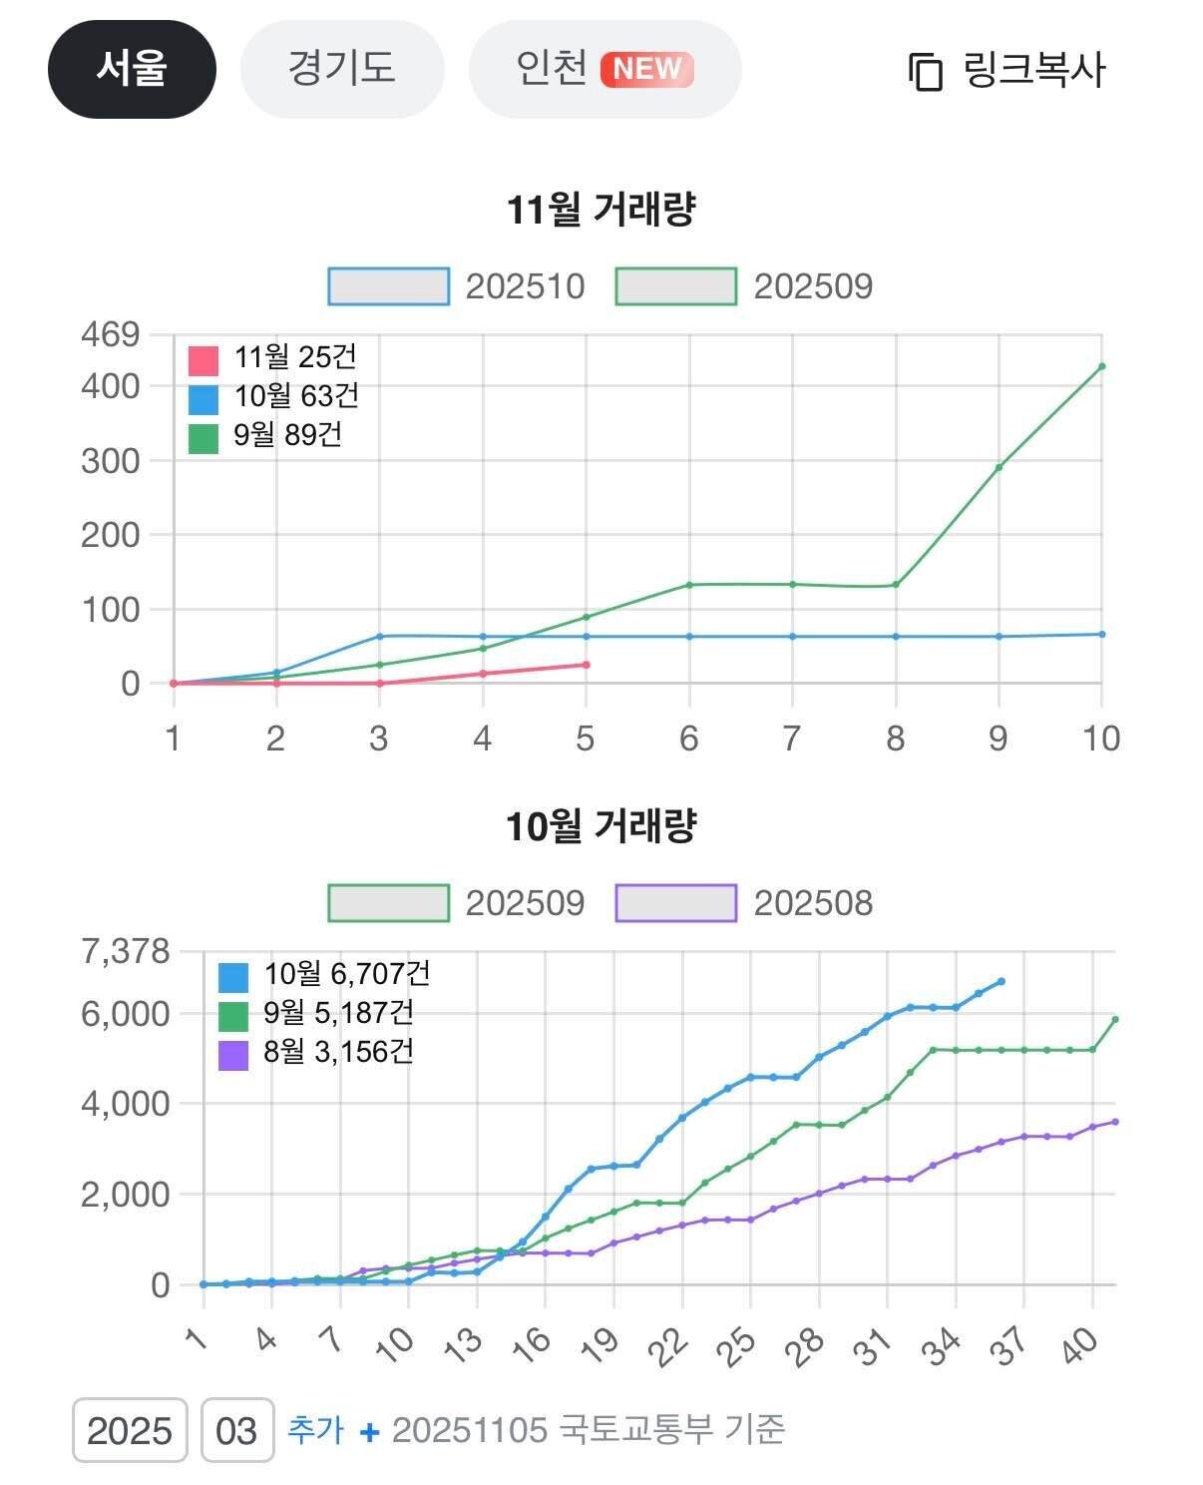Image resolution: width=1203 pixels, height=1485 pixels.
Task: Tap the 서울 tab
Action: (x=132, y=69)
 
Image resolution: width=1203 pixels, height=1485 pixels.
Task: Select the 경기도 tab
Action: (x=341, y=69)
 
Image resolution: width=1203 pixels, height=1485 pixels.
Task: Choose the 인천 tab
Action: (x=604, y=69)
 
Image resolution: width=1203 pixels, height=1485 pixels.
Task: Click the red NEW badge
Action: (x=646, y=69)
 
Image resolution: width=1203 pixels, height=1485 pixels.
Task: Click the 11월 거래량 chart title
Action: (x=601, y=210)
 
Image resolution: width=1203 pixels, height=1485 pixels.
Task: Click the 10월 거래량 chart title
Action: (x=601, y=826)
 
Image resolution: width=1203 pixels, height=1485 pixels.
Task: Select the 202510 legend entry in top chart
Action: (x=457, y=286)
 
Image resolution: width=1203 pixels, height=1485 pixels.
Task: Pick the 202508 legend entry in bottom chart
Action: (x=744, y=903)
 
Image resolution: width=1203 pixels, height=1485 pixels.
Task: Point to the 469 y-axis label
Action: (x=110, y=334)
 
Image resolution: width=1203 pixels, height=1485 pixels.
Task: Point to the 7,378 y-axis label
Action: (x=126, y=951)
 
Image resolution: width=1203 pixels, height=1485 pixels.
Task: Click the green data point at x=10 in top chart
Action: (x=1101, y=366)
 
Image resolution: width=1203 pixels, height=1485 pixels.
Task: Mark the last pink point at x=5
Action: (x=586, y=665)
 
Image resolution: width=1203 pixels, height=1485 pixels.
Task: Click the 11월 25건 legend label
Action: (x=294, y=357)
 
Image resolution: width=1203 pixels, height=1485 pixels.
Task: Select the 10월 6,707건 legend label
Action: (x=346, y=974)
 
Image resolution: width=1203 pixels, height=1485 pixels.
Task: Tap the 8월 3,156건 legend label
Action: (x=338, y=1052)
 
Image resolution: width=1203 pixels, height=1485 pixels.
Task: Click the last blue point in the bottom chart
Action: (x=1001, y=982)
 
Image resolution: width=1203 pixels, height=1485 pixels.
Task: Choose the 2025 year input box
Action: (x=130, y=1430)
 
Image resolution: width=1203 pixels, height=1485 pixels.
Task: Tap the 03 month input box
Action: (x=237, y=1430)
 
